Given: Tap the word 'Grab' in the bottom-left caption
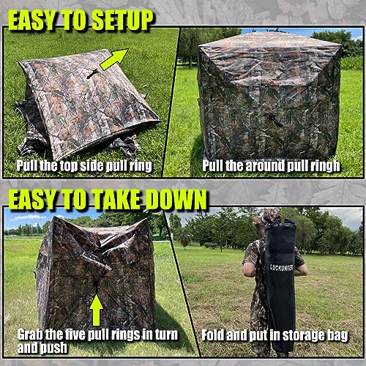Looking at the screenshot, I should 31,335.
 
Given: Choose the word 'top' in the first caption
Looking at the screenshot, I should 72,166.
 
